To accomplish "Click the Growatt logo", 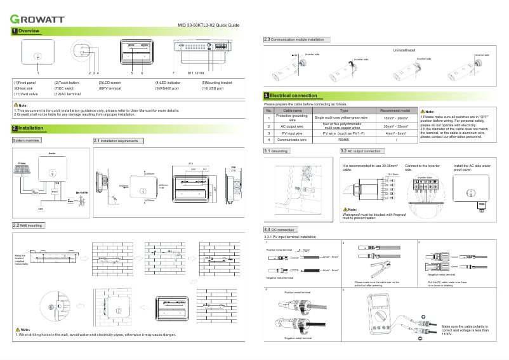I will pyautogui.click(x=37, y=18).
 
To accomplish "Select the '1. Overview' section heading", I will pyautogui.click(x=27, y=31).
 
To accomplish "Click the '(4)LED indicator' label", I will pyautogui.click(x=168, y=83).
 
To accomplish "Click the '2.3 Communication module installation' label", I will pyautogui.click(x=296, y=39).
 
